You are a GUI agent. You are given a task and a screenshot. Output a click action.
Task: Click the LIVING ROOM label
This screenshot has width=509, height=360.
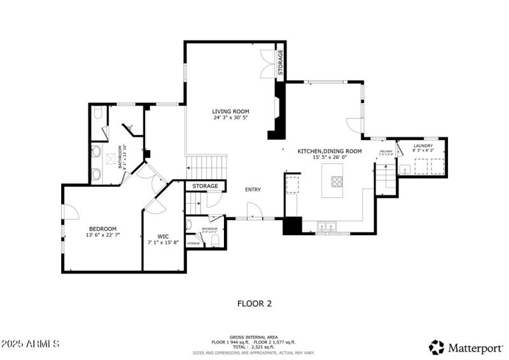(x=230, y=111)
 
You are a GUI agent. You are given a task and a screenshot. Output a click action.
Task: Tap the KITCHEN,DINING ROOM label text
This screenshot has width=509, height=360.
(x=330, y=151)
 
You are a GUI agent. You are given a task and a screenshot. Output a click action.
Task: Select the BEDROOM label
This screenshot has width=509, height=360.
(x=102, y=228)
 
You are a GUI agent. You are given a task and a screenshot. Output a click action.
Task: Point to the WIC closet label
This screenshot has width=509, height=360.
(x=163, y=235)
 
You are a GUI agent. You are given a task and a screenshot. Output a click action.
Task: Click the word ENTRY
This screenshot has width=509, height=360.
(x=253, y=190)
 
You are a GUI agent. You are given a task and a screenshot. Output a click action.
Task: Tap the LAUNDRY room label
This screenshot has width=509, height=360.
(x=423, y=146)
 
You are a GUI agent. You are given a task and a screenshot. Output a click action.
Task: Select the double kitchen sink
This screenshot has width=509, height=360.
(x=328, y=225)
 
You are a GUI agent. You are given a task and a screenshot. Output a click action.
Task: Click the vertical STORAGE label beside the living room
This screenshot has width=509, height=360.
(x=280, y=62)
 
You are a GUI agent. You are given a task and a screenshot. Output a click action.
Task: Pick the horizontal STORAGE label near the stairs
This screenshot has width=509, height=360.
(x=206, y=186)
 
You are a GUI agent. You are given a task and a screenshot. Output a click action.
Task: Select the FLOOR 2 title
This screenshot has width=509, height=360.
(x=254, y=303)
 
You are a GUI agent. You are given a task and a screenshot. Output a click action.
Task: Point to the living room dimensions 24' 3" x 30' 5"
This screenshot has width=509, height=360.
(x=230, y=118)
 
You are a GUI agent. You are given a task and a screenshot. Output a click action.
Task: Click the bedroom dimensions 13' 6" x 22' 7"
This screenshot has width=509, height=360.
(x=102, y=235)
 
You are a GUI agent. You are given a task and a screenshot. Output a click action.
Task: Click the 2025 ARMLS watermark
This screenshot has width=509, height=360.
(x=31, y=343)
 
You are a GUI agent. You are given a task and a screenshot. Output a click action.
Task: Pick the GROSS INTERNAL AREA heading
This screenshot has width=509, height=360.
(x=254, y=337)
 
